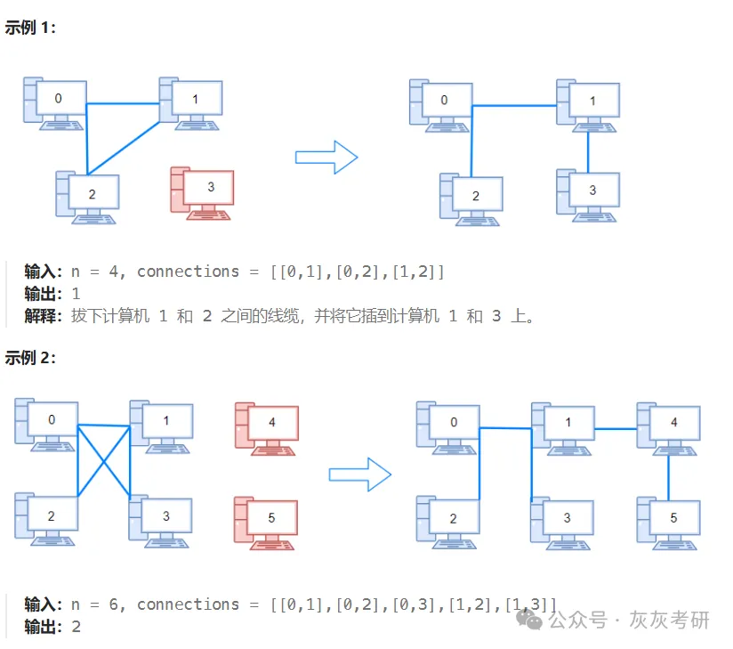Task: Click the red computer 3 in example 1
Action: [203, 191]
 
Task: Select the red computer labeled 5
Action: [267, 521]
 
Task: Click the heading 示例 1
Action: [30, 28]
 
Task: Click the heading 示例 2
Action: [30, 358]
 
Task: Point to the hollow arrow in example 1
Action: [326, 158]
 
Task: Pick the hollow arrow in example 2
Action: [360, 474]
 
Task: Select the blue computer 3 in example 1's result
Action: [589, 194]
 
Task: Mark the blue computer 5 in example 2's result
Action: [669, 521]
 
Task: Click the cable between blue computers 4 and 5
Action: [669, 476]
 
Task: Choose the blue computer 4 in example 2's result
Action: [669, 426]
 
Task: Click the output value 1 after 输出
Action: [76, 294]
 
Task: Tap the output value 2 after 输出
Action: [76, 627]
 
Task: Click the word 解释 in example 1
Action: [43, 316]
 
